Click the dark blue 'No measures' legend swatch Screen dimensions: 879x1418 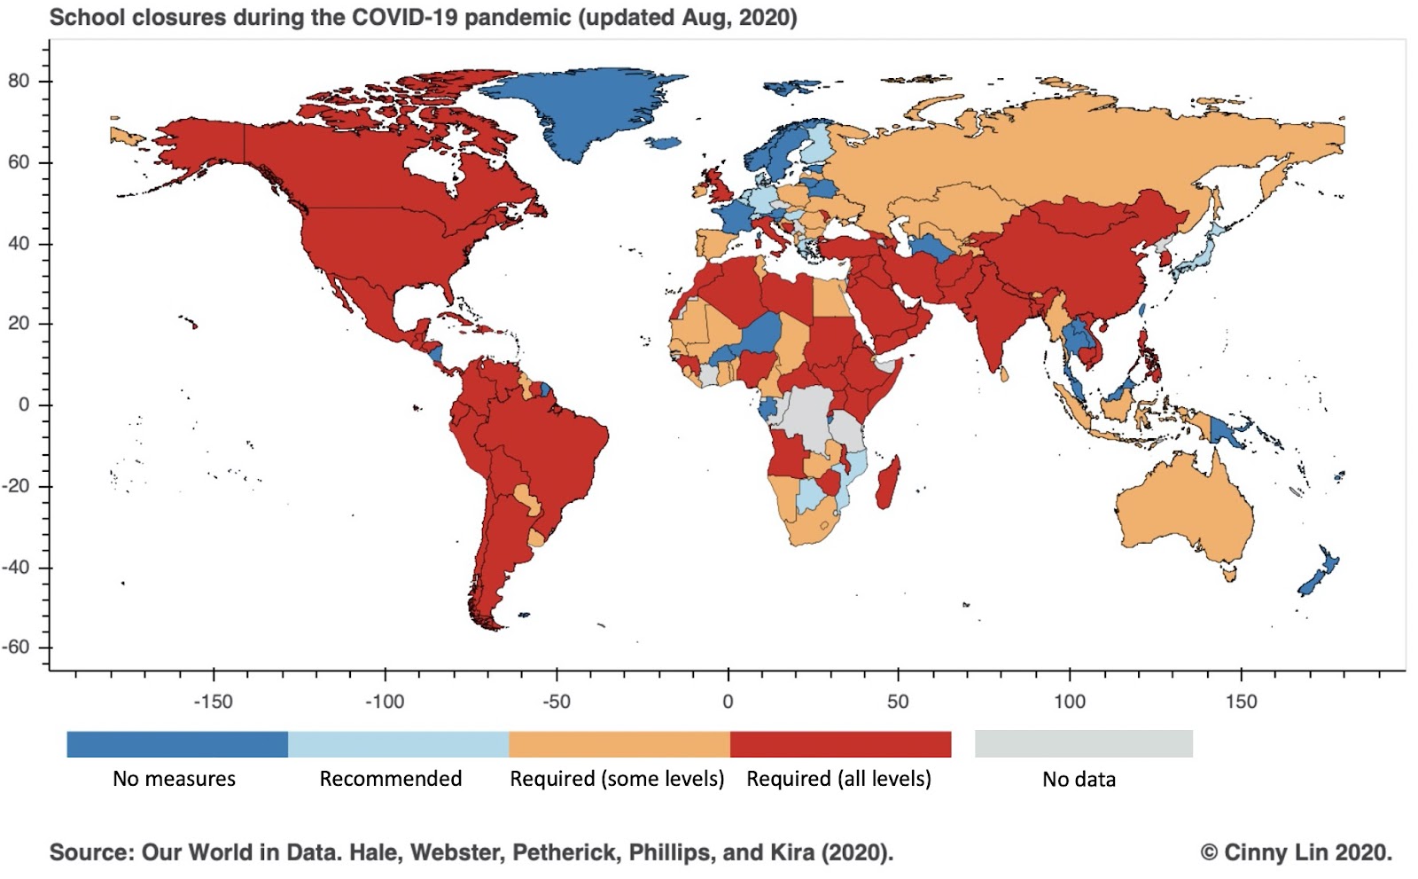[x=177, y=744]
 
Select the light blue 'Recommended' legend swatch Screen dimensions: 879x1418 [x=398, y=744]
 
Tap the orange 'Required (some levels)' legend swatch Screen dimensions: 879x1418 [x=619, y=744]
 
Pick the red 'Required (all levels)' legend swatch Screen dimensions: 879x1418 [x=840, y=744]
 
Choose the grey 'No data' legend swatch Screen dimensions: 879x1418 [x=1083, y=744]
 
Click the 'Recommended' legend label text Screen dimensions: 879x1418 [x=391, y=779]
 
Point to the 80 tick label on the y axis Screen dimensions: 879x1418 [x=19, y=81]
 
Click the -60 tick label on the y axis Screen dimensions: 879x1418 [x=15, y=647]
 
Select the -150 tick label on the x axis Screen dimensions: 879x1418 [x=213, y=702]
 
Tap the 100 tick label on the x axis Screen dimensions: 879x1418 [x=1070, y=702]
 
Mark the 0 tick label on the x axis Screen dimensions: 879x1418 [x=728, y=702]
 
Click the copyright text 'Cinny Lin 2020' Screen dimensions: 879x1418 [x=1308, y=852]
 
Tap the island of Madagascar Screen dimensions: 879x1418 [x=888, y=483]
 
